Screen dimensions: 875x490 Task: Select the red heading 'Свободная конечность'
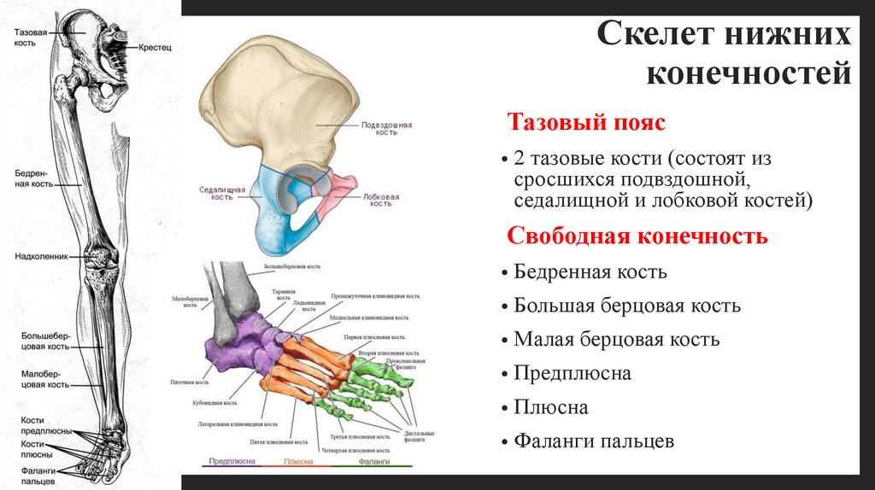tap(637, 236)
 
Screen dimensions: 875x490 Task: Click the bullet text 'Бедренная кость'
tap(590, 272)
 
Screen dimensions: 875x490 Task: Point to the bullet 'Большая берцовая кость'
tap(627, 306)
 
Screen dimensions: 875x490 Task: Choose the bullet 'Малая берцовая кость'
tap(616, 340)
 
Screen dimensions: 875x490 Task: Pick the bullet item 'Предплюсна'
tap(573, 373)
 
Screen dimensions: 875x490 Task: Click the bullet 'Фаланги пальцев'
tap(594, 441)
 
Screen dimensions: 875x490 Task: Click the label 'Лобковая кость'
tap(380, 200)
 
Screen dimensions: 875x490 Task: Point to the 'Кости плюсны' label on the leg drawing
tap(34, 449)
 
